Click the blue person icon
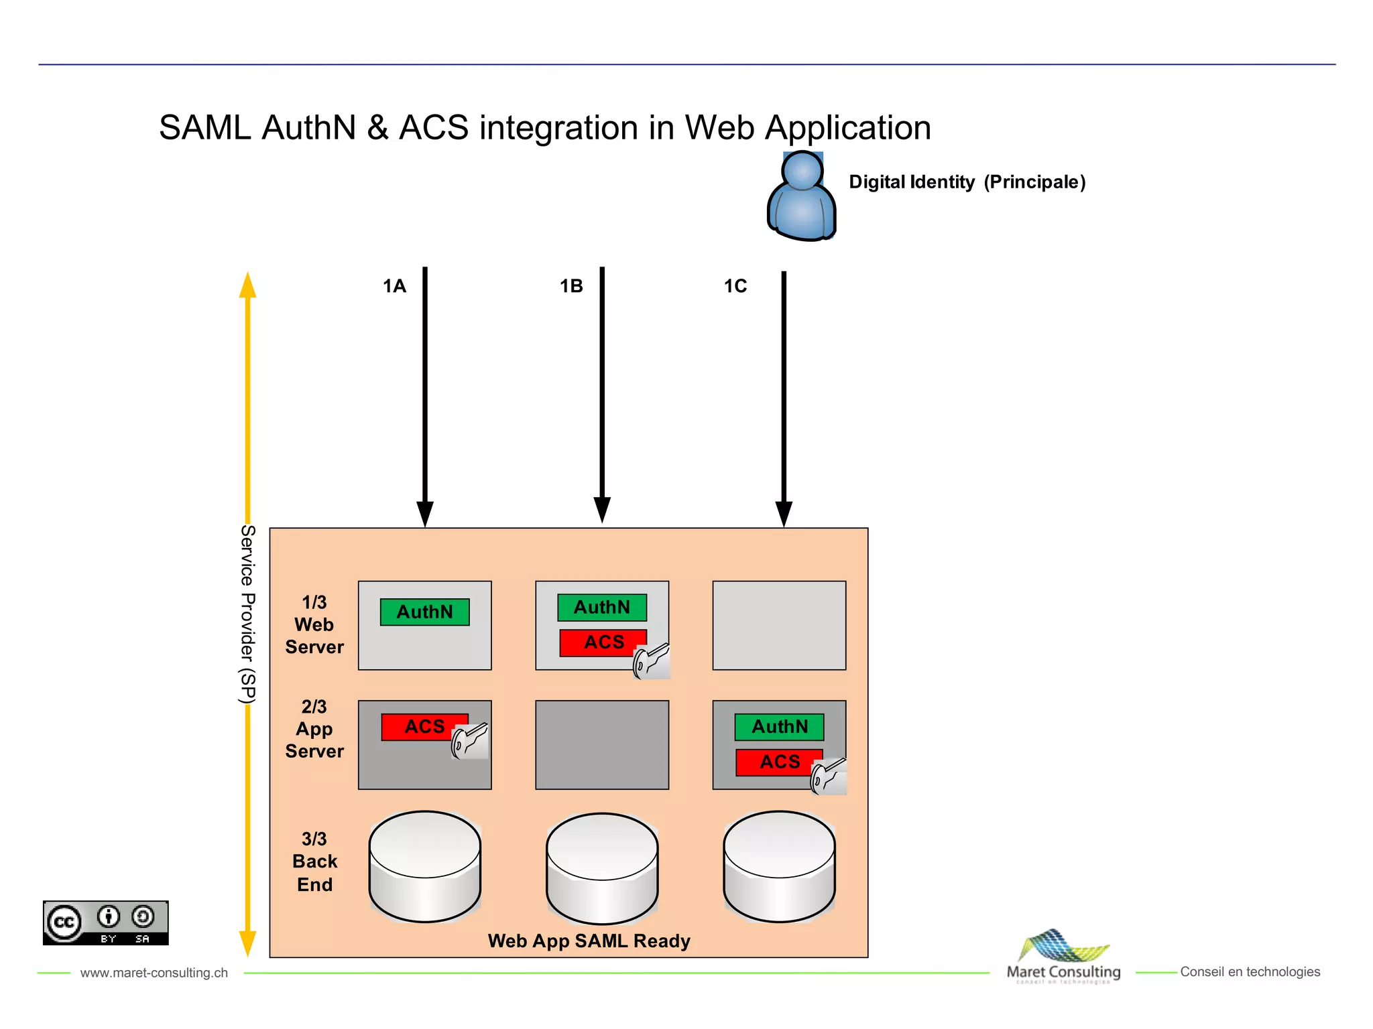[x=801, y=196]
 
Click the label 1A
[x=394, y=287]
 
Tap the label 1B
[x=571, y=287]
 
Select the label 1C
[x=735, y=287]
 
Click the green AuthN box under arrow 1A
[x=424, y=612]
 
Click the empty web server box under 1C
[x=779, y=625]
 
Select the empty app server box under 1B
[x=602, y=745]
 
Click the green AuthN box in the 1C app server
[x=779, y=727]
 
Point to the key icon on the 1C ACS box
[x=829, y=776]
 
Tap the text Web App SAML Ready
[x=589, y=941]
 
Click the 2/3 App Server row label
[x=314, y=729]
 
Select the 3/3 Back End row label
[x=314, y=862]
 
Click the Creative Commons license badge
[x=106, y=922]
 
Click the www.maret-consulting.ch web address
[x=154, y=973]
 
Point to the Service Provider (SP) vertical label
[x=247, y=614]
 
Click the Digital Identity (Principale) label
[x=967, y=182]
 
